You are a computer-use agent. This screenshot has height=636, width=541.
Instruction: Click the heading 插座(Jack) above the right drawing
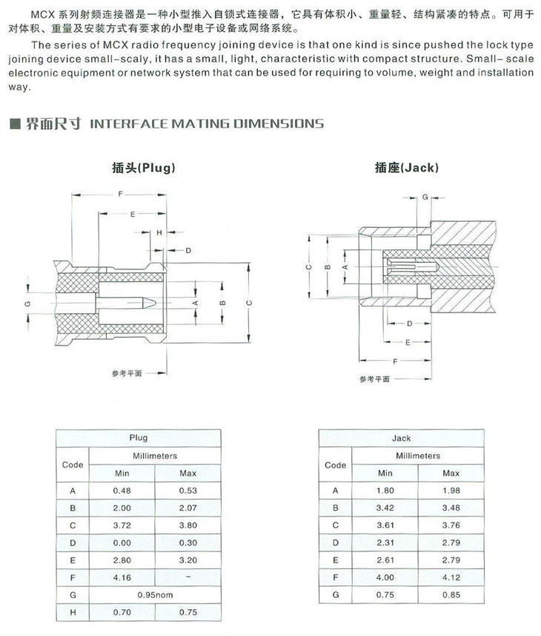[407, 168]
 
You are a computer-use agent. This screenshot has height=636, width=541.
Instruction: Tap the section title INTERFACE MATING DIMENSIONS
[206, 123]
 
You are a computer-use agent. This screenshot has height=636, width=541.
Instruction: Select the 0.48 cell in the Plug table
[122, 491]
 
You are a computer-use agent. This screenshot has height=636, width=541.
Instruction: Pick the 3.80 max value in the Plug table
[188, 525]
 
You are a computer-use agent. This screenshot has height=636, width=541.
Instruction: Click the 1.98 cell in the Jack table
[451, 491]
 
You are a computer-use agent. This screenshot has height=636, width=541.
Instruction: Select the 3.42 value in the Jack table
[385, 508]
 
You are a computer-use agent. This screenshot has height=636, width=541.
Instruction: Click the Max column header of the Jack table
[451, 473]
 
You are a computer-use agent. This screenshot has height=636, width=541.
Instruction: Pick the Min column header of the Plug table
[122, 473]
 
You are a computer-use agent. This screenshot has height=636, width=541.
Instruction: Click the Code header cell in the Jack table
[335, 465]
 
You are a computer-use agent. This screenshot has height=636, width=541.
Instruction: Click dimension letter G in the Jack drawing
[425, 197]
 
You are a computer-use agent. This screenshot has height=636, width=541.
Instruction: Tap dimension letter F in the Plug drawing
[120, 194]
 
